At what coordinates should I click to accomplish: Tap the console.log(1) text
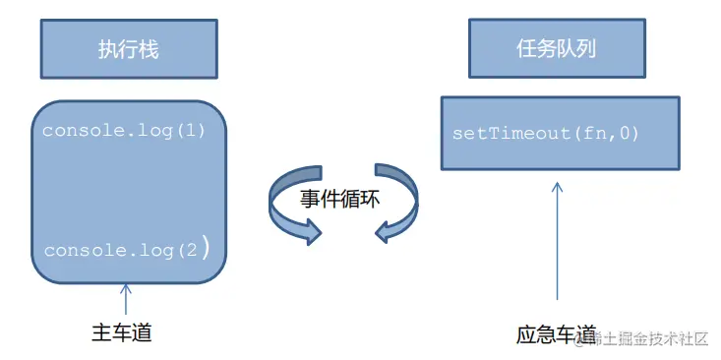123,130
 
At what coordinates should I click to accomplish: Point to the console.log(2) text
127,250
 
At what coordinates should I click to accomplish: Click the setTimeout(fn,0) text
546,133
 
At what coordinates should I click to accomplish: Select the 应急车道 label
557,334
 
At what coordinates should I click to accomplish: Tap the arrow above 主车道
126,299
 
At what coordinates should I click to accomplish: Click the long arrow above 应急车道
558,240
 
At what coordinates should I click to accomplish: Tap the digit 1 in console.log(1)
186,130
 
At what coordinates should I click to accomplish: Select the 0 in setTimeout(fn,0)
625,133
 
